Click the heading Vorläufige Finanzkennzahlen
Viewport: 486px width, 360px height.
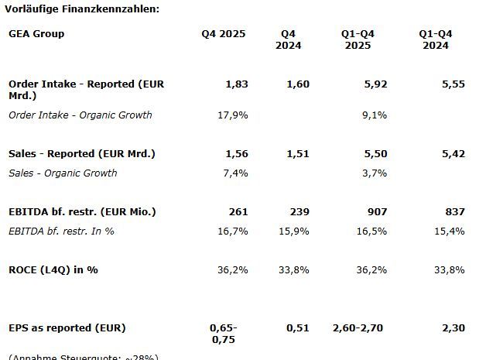80,9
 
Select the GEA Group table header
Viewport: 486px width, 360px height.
36,34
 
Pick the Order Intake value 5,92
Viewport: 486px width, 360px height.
375,84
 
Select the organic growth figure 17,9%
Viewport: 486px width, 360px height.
233,115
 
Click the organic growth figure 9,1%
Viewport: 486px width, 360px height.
375,115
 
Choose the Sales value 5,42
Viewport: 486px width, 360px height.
453,154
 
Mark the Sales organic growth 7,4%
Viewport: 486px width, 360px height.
235,173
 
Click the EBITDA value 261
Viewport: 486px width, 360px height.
238,212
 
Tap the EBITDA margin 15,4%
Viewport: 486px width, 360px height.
450,231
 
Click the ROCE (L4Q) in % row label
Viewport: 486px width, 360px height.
53,270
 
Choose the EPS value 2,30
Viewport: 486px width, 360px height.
453,328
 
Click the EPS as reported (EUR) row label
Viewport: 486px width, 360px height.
67,328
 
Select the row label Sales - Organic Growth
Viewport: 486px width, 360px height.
63,173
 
